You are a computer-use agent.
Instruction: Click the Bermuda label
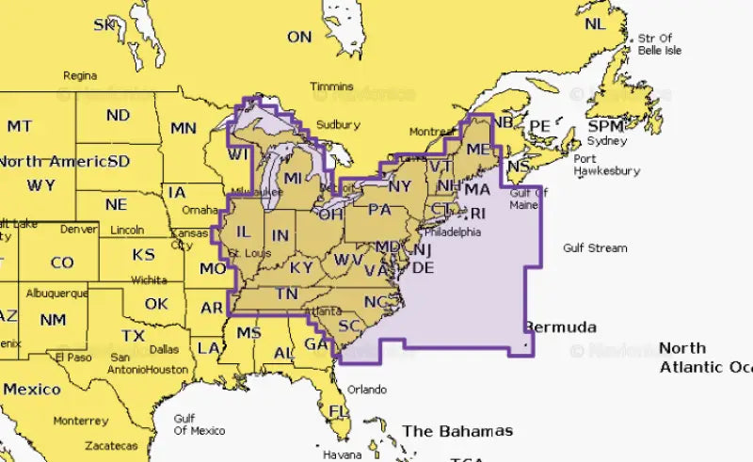click(x=560, y=327)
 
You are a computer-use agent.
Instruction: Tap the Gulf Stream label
click(x=594, y=248)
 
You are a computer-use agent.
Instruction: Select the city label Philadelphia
click(x=453, y=231)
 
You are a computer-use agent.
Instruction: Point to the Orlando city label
click(x=366, y=390)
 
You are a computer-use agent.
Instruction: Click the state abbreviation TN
click(x=286, y=295)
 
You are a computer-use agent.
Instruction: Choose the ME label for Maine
click(x=478, y=149)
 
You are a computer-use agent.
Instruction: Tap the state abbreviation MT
click(x=19, y=125)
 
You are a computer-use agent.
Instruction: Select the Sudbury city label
click(x=337, y=124)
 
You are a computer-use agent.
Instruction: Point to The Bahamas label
click(x=457, y=431)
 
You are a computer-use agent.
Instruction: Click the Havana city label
click(x=343, y=454)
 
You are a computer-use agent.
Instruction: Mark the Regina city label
click(x=80, y=75)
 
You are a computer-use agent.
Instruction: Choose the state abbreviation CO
click(x=61, y=263)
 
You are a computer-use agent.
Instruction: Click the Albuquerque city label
click(x=57, y=293)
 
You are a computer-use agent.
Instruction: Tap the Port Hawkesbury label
click(x=607, y=165)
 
